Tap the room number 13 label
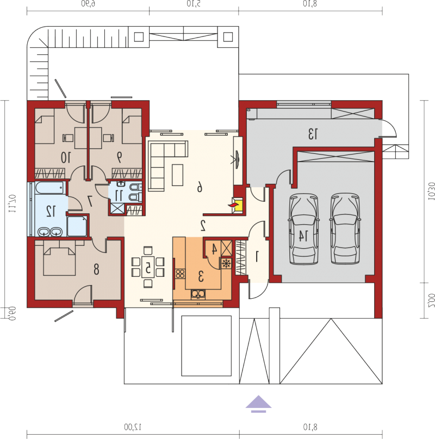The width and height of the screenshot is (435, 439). tap(313, 134)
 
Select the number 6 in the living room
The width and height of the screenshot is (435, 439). tap(200, 187)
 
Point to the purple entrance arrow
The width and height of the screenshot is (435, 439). tap(258, 404)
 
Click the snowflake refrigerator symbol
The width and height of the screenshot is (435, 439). tap(226, 263)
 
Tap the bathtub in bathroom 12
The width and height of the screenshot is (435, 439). tap(51, 188)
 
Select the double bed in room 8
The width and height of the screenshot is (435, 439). tap(59, 258)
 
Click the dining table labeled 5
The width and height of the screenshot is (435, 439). tap(148, 267)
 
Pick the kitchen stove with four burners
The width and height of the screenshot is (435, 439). tap(180, 274)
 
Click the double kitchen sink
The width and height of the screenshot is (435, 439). tap(198, 294)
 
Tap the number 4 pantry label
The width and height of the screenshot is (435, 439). tap(214, 249)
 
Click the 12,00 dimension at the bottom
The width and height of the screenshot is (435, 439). tap(133, 427)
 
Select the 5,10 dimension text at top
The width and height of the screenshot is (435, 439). tap(194, 4)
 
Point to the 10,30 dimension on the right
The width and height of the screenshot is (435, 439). tap(431, 191)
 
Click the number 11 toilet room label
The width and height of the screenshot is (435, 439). tap(119, 195)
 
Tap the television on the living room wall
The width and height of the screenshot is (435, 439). tap(237, 159)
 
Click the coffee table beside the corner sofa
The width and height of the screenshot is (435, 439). tap(177, 175)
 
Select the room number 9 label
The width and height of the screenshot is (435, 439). tap(120, 157)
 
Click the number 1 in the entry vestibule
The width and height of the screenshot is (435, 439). tap(257, 257)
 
